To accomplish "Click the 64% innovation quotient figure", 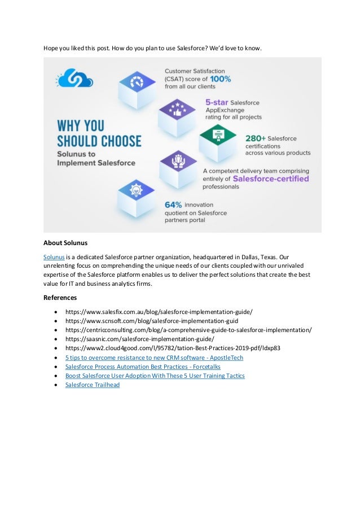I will click(x=175, y=204).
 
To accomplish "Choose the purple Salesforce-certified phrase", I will click(x=271, y=178).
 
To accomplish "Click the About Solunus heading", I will click(x=65, y=243).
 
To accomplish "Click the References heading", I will click(x=60, y=297).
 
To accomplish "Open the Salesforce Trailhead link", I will click(x=93, y=385).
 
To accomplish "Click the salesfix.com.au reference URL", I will click(x=159, y=312).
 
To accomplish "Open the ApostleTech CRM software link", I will click(x=154, y=358).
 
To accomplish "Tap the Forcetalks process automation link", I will click(x=143, y=367).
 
